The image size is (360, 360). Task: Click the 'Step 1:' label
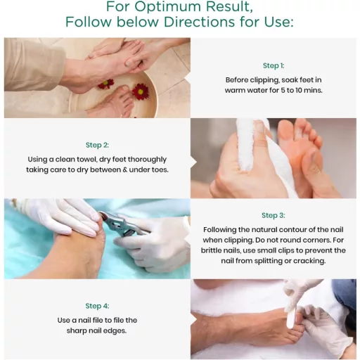click(x=274, y=65)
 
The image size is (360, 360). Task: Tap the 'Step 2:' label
click(x=97, y=145)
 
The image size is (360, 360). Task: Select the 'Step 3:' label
click(x=274, y=215)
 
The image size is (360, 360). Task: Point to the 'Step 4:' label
click(x=97, y=306)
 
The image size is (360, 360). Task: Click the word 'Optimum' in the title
click(x=167, y=6)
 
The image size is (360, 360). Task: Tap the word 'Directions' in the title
click(x=199, y=22)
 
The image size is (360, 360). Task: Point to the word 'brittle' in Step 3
click(x=209, y=250)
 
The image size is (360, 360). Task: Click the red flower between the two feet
click(x=106, y=84)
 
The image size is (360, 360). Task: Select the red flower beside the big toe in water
click(x=141, y=91)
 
